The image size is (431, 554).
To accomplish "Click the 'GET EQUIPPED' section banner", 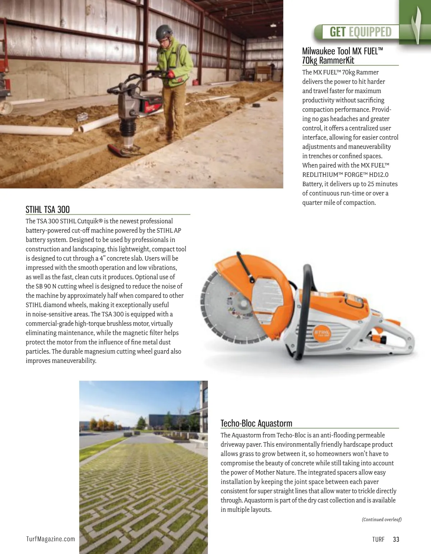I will [x=360, y=32].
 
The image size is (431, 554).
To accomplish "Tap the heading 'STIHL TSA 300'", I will [x=48, y=209].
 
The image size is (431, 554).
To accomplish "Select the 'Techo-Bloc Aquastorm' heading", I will [x=256, y=423].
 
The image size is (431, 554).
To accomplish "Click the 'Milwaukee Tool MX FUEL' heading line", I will [x=342, y=51].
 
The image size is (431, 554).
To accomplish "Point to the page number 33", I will [x=396, y=539].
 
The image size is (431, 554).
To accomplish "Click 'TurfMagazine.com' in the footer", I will [x=51, y=539].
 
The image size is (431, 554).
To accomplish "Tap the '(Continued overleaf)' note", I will [x=381, y=519].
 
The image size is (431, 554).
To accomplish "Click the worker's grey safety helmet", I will [x=163, y=33].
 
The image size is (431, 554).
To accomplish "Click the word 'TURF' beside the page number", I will [x=378, y=539].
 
